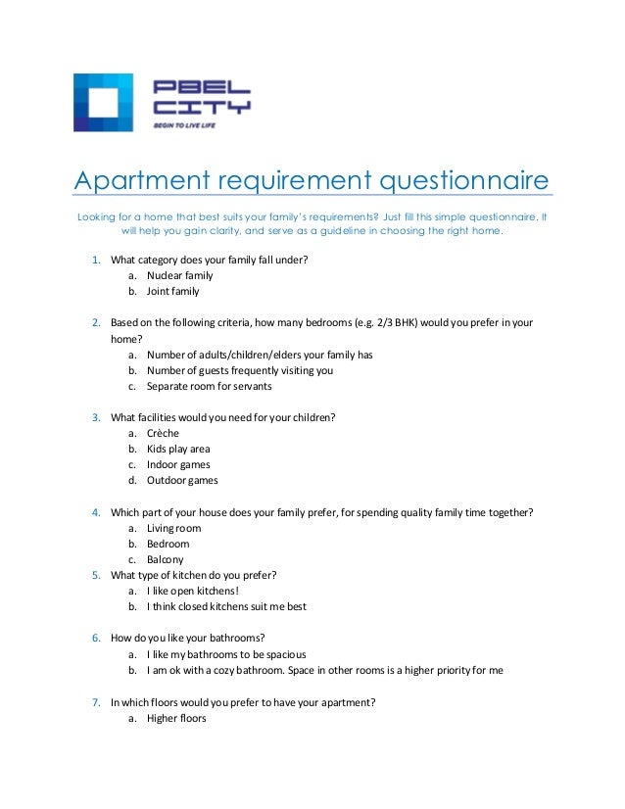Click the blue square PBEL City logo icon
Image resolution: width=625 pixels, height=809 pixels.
click(x=103, y=103)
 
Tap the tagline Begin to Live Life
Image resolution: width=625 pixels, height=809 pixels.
click(x=186, y=126)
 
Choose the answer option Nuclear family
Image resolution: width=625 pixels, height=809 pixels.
click(x=179, y=275)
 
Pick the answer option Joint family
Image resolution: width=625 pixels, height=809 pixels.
click(x=172, y=291)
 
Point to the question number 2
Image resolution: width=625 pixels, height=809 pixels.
click(x=96, y=322)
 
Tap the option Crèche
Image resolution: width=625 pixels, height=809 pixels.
click(x=164, y=433)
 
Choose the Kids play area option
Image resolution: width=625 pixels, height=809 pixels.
click(x=178, y=449)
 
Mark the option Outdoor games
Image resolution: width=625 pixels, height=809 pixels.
click(x=182, y=480)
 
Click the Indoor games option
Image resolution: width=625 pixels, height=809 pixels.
click(x=178, y=464)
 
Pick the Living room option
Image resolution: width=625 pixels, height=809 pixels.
click(x=174, y=528)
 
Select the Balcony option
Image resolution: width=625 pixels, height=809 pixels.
click(x=166, y=559)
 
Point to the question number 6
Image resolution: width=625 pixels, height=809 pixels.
click(x=96, y=638)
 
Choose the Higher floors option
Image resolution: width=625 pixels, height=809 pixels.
click(x=176, y=718)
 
